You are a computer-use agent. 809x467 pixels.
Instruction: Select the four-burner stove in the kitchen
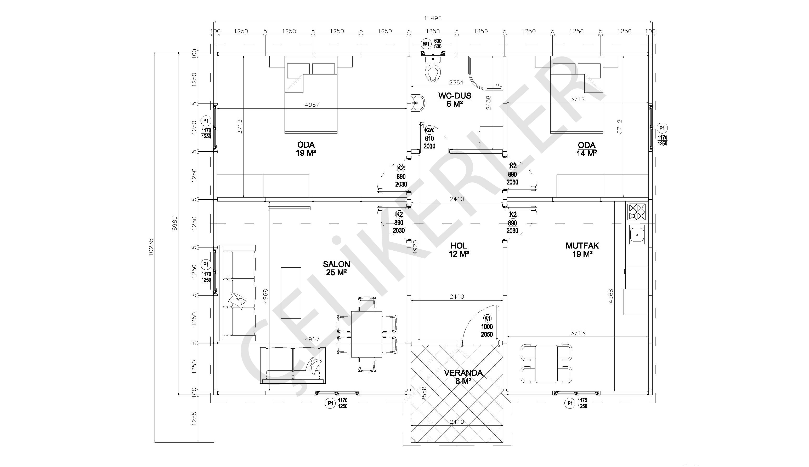click(637, 212)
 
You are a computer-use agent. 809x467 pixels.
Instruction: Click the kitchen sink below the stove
click(637, 234)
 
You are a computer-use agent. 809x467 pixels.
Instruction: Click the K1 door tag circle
click(487, 319)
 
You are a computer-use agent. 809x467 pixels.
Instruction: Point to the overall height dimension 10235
click(151, 246)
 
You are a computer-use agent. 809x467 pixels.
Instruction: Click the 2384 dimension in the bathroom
click(456, 82)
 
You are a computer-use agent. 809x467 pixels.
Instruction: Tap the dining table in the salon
click(367, 334)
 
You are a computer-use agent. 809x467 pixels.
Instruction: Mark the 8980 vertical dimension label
click(174, 223)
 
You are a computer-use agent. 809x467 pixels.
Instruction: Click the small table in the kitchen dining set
click(546, 364)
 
